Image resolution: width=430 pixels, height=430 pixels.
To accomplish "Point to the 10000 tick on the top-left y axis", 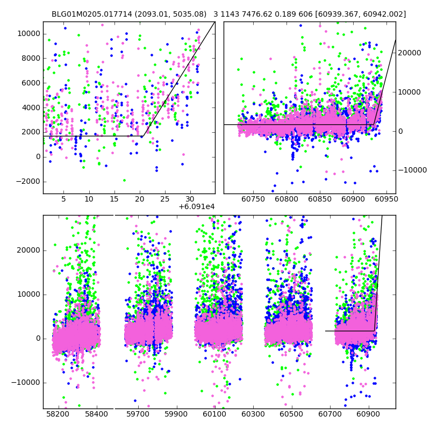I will (x=28, y=33).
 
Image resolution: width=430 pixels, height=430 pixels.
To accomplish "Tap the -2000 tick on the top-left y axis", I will (x=28, y=181).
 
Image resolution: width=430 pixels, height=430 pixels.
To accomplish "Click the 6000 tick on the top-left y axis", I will (x=30, y=83).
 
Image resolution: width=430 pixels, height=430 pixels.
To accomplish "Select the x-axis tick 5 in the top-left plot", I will (x=63, y=199).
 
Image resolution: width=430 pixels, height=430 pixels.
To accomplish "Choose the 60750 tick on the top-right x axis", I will (x=253, y=199).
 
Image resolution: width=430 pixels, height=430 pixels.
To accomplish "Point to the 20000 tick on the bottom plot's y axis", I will (x=26, y=250).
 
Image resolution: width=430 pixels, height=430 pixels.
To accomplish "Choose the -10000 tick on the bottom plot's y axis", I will (x=24, y=382).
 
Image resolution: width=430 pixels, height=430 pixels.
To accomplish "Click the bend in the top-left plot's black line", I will (x=144, y=136).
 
